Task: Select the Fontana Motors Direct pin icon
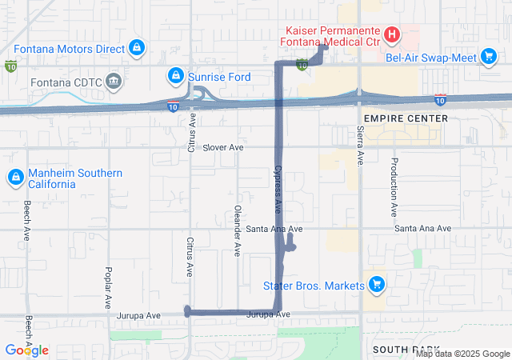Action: click(137, 48)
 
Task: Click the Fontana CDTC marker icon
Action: click(113, 81)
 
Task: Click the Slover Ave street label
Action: click(222, 148)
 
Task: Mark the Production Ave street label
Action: click(394, 187)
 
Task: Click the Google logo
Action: click(27, 350)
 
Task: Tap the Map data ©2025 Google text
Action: click(462, 354)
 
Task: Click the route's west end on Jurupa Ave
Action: click(187, 311)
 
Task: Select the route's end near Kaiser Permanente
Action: click(325, 47)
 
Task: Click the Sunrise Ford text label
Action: click(220, 77)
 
